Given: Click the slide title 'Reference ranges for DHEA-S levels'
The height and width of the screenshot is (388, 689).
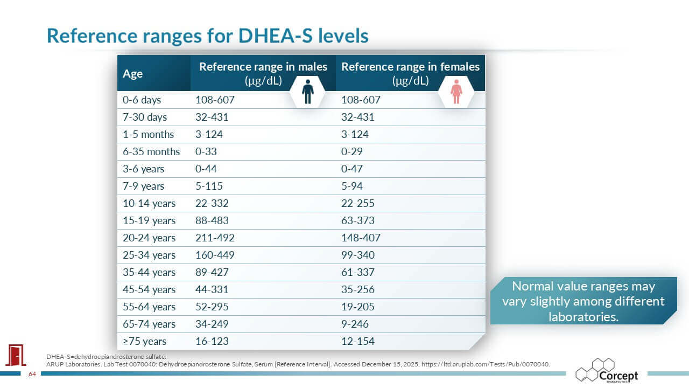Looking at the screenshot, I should coord(207,36).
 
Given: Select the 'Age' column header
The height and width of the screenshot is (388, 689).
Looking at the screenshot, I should coord(133,74).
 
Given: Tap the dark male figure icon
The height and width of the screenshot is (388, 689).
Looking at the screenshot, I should coord(307,92).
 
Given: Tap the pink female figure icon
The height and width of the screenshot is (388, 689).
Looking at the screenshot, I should coord(456,92).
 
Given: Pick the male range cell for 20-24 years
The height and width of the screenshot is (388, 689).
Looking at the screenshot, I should coord(215,238).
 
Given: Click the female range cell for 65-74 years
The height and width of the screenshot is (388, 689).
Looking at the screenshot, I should coord(357,324).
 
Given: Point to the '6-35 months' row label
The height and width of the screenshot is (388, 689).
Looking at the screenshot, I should coord(151,151).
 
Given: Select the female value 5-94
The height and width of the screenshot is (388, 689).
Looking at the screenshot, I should coord(352,186).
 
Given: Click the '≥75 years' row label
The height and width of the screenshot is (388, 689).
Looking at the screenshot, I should coord(144,341).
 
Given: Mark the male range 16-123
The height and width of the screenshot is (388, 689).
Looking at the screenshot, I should coord(212,341).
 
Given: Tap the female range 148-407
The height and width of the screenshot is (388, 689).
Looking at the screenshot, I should coord(361,238).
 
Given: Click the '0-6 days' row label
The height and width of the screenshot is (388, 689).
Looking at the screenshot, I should coord(142,100).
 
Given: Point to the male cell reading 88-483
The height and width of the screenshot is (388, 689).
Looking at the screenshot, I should coord(212,220).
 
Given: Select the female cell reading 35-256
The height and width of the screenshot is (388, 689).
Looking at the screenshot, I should coord(358,289).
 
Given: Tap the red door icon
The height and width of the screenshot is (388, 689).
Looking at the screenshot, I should coord(16,355).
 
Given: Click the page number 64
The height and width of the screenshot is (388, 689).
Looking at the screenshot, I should coord(32,374).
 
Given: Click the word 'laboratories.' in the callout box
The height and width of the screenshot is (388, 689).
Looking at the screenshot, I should coord(583,316).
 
